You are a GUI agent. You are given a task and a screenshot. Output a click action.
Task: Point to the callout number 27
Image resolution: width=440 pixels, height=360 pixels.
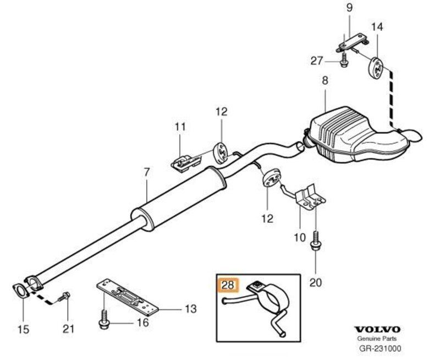(x=316, y=61)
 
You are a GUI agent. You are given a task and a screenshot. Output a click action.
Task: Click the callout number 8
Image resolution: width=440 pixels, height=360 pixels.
(x=324, y=80)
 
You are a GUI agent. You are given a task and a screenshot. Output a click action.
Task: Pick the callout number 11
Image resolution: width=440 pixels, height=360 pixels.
(x=180, y=127)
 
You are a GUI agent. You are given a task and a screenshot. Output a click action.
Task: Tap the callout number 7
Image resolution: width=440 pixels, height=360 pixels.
(x=147, y=172)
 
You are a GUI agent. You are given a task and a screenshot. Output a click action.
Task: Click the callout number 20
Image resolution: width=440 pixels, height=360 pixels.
(x=315, y=283)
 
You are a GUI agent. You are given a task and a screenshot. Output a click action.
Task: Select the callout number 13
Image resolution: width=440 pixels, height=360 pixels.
(x=190, y=309)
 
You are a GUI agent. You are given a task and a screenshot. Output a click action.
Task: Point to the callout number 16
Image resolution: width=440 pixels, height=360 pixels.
(x=142, y=322)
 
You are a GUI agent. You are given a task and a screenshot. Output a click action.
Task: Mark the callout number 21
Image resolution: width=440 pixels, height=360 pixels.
(x=68, y=329)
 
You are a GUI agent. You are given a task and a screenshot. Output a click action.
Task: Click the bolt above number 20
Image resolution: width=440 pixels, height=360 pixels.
(x=316, y=242)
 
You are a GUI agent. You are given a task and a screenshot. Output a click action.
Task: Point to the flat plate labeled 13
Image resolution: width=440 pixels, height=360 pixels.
(x=130, y=298)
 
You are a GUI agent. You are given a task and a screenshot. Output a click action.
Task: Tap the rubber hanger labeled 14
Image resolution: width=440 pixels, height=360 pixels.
(x=376, y=68)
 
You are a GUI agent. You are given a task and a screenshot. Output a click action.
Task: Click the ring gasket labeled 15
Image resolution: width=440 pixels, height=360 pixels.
(x=20, y=290)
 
